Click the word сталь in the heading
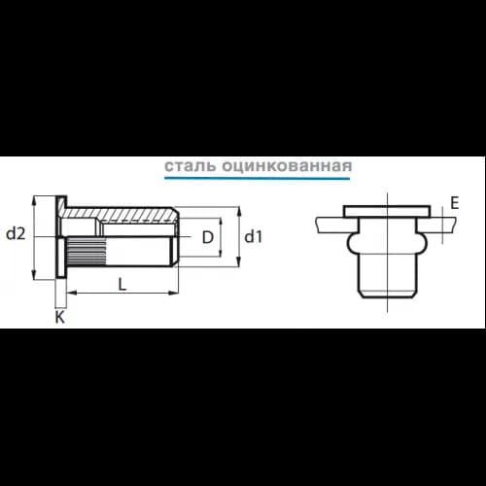click(x=190, y=166)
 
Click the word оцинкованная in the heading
click(x=287, y=166)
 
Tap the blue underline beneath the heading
click(x=258, y=178)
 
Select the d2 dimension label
click(x=16, y=233)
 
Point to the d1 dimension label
click(x=253, y=237)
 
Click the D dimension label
click(x=208, y=237)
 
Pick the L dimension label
click(x=121, y=285)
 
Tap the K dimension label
click(x=60, y=317)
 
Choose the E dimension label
click(x=455, y=203)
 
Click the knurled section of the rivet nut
click(x=87, y=252)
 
